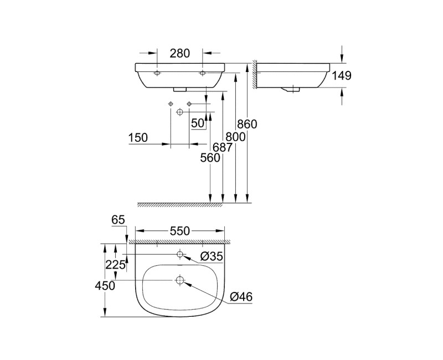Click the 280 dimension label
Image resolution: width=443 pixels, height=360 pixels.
click(180, 54)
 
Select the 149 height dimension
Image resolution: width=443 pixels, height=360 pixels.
click(342, 76)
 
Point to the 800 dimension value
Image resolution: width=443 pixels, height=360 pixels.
click(234, 136)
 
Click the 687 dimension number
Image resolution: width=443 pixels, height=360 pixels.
click(222, 147)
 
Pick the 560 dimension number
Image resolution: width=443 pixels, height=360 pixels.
click(210, 158)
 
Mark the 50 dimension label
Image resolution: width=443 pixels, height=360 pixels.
click(198, 124)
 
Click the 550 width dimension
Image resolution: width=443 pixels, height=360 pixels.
click(180, 231)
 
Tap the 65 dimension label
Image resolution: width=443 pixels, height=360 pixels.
click(118, 220)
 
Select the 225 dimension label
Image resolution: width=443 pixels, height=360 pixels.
click(115, 265)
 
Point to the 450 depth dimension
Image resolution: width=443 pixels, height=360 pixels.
click(105, 286)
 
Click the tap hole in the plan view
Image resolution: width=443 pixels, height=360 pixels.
click(180, 254)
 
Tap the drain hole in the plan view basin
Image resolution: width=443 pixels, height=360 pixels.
click(180, 280)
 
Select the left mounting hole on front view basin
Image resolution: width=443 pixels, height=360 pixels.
click(157, 73)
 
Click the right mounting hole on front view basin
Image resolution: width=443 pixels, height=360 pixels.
click(203, 73)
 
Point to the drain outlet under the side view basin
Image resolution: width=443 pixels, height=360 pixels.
click(291, 89)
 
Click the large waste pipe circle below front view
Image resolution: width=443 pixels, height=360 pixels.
click(179, 112)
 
